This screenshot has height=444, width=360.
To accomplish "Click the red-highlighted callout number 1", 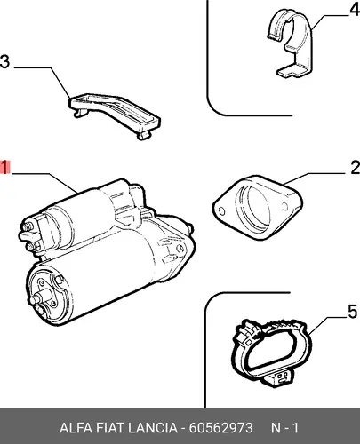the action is pos(5,167).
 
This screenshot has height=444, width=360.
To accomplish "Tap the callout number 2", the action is pos(355,168).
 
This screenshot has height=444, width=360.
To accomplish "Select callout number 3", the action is pos(4,62).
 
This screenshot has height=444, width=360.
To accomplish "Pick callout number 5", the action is pos(352,312).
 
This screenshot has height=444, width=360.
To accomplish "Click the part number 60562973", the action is pos(220,428).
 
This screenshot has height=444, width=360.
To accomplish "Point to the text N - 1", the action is pos(284,428).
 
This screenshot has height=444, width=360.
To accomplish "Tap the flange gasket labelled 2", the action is pos(257,207).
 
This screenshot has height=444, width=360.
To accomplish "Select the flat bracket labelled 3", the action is pos(115,115).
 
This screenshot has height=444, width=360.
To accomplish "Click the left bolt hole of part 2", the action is pos(221,211).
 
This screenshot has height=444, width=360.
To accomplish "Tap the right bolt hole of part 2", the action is pos(284,205).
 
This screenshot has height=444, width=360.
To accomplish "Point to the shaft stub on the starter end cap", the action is pos(38,298).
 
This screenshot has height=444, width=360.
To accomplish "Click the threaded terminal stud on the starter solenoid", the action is pos(27,227).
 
